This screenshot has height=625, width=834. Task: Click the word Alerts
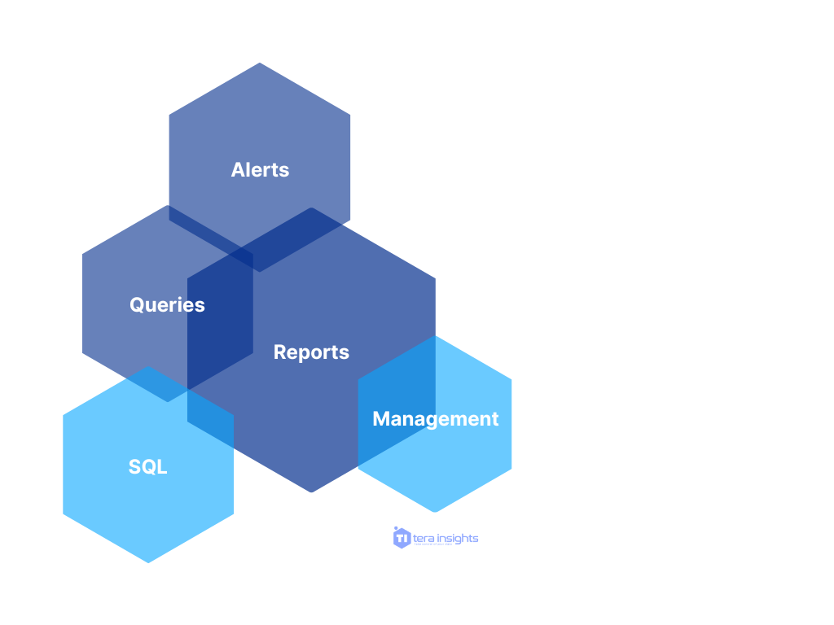pyautogui.click(x=260, y=169)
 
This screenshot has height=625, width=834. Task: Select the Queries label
pyautogui.click(x=167, y=304)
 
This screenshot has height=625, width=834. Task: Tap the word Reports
pyautogui.click(x=311, y=352)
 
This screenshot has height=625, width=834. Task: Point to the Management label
pyautogui.click(x=435, y=418)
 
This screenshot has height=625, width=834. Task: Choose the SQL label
pyautogui.click(x=147, y=466)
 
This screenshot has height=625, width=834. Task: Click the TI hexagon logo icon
pyautogui.click(x=402, y=538)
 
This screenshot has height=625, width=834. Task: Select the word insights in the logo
pyautogui.click(x=458, y=539)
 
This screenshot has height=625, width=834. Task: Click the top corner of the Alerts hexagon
pyautogui.click(x=260, y=63)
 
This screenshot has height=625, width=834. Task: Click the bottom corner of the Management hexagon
pyautogui.click(x=435, y=512)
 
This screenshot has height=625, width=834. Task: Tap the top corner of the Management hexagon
pyautogui.click(x=435, y=336)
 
